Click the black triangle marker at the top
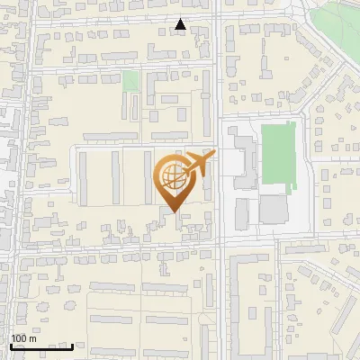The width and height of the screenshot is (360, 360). click(x=181, y=25)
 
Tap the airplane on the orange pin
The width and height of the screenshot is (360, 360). click(x=198, y=164)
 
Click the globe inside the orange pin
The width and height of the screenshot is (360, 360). click(x=171, y=177)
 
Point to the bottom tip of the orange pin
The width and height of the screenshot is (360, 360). click(x=172, y=212)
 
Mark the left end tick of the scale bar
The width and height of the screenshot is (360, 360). click(x=10, y=346)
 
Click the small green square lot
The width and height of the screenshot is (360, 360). click(x=130, y=81)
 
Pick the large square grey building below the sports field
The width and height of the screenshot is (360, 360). click(x=274, y=209)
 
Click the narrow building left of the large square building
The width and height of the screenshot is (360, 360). click(x=241, y=213)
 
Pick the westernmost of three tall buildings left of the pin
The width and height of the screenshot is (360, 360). click(x=84, y=175)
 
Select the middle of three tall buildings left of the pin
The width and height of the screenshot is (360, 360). click(x=115, y=175)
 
